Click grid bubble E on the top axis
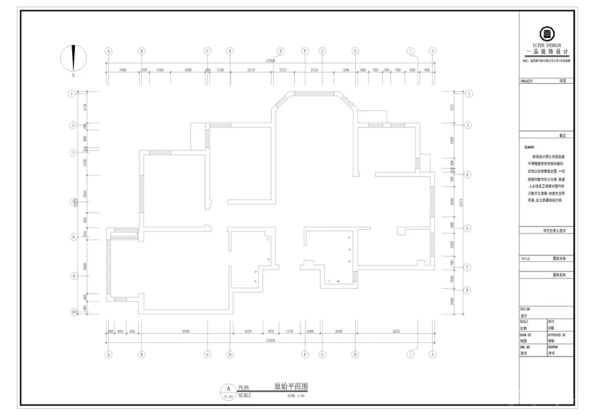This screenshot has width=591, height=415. [281, 51]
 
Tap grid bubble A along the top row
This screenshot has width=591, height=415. [108, 51]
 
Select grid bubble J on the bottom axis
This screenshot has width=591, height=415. [432, 354]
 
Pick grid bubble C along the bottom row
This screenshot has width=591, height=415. [207, 354]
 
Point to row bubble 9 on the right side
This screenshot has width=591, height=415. [467, 290]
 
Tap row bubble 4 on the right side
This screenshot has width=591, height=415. [467, 175]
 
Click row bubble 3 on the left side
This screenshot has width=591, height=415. [73, 152]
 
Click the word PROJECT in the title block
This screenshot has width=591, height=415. [527, 81]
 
